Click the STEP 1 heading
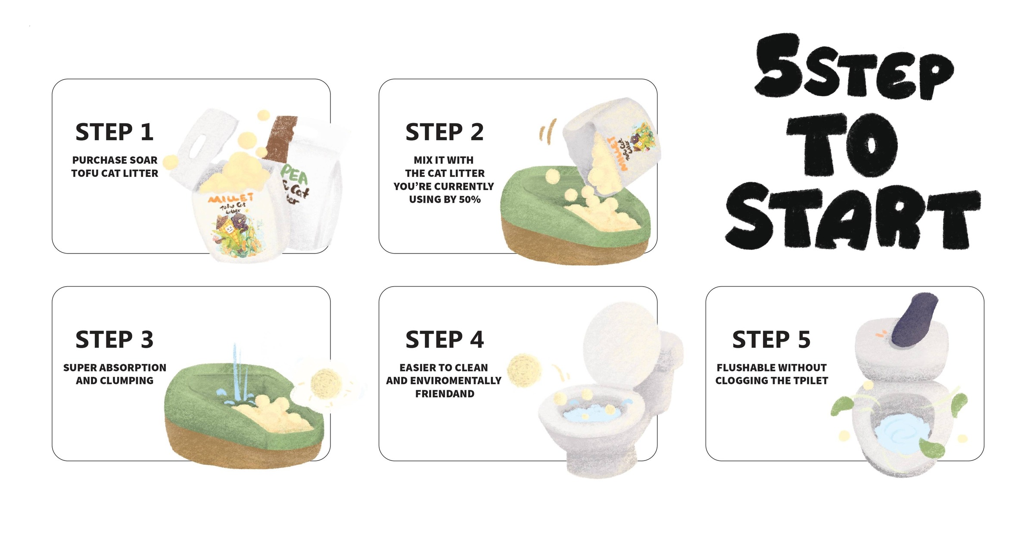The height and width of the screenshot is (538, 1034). pos(115,132)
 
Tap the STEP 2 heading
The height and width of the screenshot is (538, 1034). pos(445,132)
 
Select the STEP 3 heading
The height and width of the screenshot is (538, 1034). pos(115,340)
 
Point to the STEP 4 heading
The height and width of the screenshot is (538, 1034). pos(445,340)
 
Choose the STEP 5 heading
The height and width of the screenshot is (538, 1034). pos(771,340)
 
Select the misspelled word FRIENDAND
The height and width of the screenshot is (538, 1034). pos(445,394)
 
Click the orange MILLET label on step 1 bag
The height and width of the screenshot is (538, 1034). pos(230,198)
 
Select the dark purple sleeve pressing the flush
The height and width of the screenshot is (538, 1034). pos(913,320)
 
